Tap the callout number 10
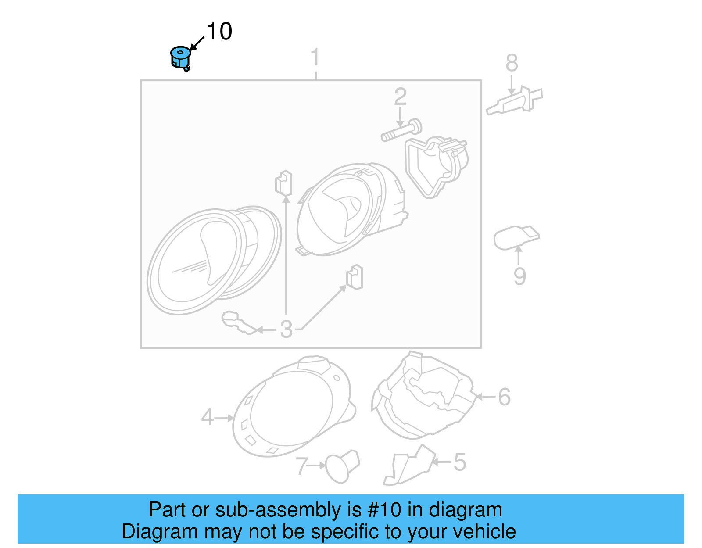[219, 32]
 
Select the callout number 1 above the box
[315, 58]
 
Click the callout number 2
[400, 97]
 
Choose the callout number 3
[286, 329]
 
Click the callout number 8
[512, 63]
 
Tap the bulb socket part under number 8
[515, 101]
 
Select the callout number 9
[519, 276]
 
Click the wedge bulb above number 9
[516, 237]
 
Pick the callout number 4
[207, 417]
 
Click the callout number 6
[504, 397]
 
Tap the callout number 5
[459, 462]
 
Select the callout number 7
[301, 466]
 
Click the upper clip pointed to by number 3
[283, 183]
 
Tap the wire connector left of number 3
[236, 323]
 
